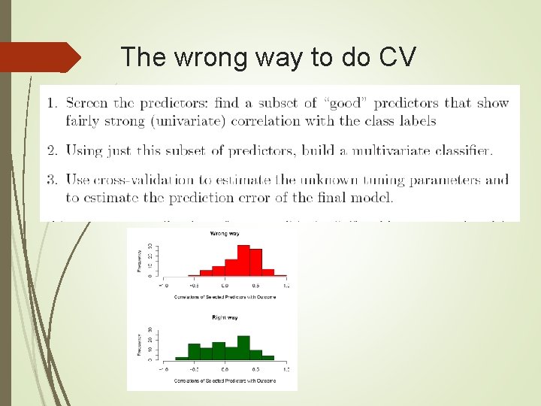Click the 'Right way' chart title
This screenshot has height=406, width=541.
click(223, 318)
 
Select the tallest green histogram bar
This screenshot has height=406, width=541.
click(243, 347)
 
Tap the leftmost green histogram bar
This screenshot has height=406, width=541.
click(182, 357)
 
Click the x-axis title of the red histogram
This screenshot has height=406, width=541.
click(223, 297)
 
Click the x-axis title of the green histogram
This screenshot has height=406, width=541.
click(223, 381)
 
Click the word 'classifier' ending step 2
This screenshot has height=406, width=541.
click(462, 150)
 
